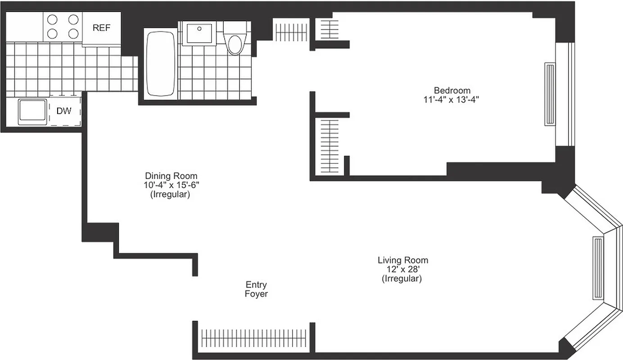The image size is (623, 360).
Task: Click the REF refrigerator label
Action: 101,28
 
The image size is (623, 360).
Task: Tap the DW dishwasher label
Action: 64,111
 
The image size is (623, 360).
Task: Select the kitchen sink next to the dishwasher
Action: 32,111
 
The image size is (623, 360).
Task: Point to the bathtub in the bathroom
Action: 160,63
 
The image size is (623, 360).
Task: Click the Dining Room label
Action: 171,176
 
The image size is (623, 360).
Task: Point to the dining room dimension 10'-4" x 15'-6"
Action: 171,185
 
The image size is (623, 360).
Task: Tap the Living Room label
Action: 402,260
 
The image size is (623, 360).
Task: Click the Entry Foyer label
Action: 256,289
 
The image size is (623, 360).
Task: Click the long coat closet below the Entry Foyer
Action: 253,337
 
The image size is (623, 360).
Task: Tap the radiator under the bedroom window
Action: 550,94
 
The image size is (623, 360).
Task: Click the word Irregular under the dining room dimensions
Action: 170,195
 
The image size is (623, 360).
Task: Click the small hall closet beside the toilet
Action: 291,31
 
